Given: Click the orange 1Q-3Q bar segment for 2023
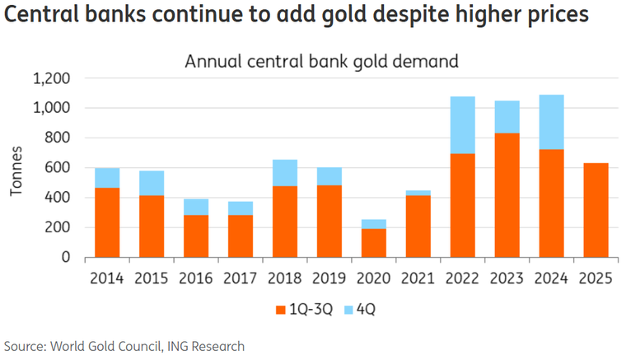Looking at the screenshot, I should (507, 195).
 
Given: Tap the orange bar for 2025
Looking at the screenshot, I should (596, 210).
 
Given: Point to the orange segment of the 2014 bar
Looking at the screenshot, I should (107, 222).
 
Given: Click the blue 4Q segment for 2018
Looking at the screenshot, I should (284, 172).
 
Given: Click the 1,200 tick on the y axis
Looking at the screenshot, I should (51, 78).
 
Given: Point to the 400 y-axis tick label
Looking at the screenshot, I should (58, 198).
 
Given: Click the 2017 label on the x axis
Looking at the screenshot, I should (240, 278).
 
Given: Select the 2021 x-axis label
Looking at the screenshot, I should (418, 278).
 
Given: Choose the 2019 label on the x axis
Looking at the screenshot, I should (329, 278).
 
